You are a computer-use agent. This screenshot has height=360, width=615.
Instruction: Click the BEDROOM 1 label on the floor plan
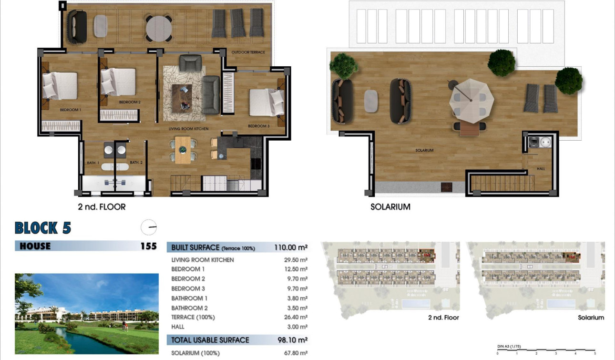[70, 110]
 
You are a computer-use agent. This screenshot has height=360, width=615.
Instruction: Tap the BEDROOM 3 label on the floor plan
[259, 126]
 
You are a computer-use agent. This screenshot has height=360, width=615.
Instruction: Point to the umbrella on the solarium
[471, 98]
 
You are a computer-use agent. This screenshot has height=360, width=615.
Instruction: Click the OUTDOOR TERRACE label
[248, 52]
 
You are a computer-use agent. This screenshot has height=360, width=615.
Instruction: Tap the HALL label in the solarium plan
[540, 168]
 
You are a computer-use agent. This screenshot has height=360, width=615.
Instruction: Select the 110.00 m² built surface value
[291, 247]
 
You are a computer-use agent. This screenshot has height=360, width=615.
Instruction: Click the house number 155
[148, 246]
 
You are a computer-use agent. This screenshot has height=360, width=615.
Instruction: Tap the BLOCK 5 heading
[43, 228]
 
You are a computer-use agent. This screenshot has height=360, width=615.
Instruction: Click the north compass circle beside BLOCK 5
[149, 227]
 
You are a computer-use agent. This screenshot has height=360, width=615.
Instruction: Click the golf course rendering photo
[86, 313]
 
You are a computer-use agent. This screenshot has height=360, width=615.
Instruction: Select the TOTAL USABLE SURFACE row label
[210, 340]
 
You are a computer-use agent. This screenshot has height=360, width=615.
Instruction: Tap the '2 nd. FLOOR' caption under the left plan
[102, 207]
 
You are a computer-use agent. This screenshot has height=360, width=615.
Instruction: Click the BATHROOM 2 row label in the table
[189, 308]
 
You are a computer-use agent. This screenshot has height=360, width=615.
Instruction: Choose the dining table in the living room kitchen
[183, 149]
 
